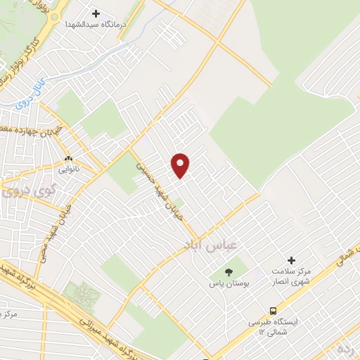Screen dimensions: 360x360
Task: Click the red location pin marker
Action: point(181,165)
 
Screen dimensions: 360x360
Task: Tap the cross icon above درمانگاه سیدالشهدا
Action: point(96,13)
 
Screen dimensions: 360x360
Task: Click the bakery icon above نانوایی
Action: point(69,159)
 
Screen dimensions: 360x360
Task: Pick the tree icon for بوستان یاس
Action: point(227,272)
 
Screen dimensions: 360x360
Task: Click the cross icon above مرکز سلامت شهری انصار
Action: point(292,261)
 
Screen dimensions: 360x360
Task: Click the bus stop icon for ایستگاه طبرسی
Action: point(273,310)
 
